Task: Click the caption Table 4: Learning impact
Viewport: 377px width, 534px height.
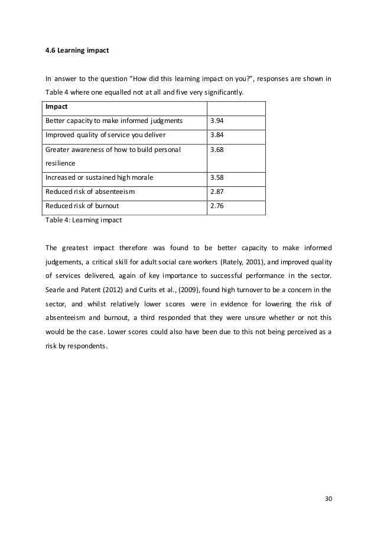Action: (82, 219)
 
